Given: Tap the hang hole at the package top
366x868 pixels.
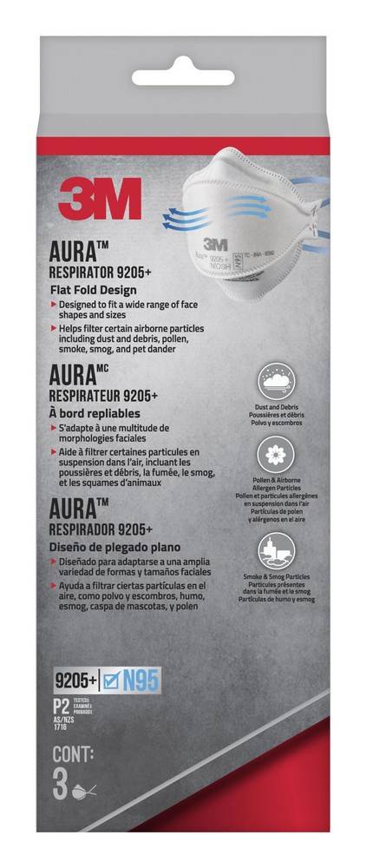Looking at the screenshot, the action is coord(184,65).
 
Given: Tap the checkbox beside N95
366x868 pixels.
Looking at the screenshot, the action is coord(109,680).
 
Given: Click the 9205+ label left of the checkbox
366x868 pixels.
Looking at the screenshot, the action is coord(74,680).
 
